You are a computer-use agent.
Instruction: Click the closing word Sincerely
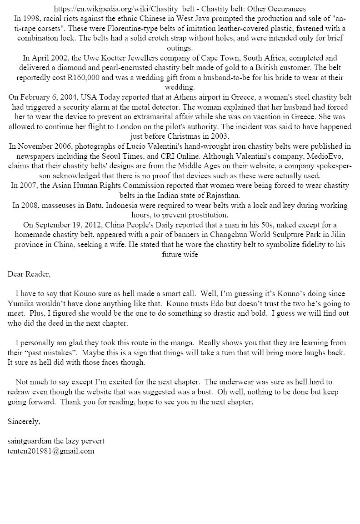pyautogui.click(x=24, y=422)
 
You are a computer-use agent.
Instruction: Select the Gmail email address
pyautogui.click(x=51, y=451)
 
